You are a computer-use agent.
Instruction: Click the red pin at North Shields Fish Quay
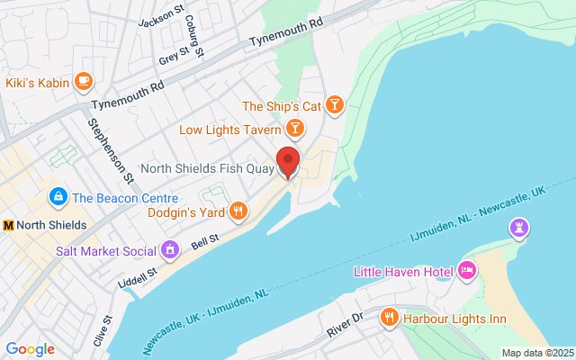click(288, 161)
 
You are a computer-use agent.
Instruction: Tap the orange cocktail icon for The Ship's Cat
click(334, 106)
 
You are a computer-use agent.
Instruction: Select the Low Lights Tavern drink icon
click(293, 130)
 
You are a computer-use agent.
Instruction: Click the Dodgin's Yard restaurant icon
click(238, 211)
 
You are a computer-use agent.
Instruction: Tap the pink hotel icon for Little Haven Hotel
click(466, 270)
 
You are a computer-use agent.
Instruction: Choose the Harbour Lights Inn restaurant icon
click(389, 318)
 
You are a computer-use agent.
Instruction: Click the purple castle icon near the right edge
click(518, 229)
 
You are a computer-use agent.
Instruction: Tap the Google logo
click(30, 349)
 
